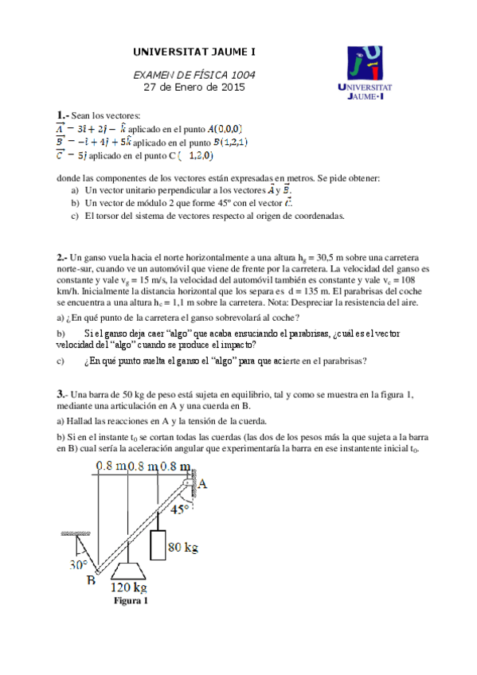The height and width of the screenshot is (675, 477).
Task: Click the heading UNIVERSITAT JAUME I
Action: click(194, 53)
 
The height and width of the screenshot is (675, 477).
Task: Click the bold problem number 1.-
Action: click(63, 115)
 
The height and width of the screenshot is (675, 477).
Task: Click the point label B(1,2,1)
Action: click(225, 142)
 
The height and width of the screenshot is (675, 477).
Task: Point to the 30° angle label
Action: click(77, 564)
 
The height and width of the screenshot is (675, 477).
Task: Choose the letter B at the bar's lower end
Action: click(92, 580)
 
